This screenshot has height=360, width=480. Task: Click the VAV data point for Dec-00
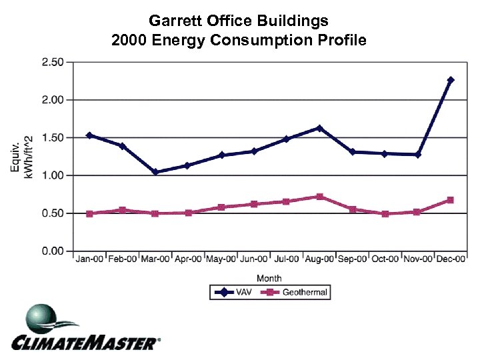451,80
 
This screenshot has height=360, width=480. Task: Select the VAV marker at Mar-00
155,172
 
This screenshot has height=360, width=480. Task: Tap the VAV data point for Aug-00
319,128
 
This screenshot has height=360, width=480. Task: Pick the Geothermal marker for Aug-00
319,197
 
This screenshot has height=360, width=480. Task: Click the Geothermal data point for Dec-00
451,200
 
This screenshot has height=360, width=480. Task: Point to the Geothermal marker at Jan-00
89,214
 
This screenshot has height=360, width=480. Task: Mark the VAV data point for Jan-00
89,135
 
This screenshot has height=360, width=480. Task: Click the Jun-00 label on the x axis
254,259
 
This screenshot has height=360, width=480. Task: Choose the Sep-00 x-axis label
352,259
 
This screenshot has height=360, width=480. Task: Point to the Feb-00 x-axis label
123,259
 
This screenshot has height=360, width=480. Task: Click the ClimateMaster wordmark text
85,343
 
